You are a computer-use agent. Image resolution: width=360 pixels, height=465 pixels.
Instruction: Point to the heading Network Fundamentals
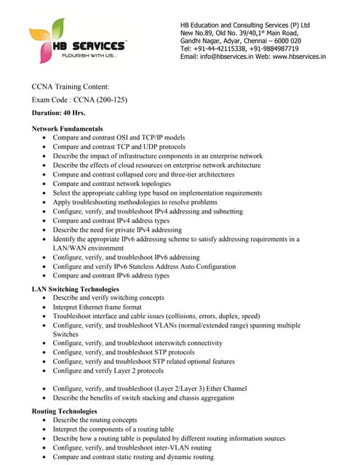68,128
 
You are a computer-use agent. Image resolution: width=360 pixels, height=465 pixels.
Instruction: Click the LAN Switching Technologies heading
76,289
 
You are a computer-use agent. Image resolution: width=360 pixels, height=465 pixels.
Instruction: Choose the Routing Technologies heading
65,411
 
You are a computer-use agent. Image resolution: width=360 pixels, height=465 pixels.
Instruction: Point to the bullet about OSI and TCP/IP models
119,137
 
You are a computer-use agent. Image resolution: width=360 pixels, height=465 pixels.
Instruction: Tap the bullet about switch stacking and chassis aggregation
143,397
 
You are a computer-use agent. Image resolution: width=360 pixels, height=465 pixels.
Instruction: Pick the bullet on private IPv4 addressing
117,230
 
